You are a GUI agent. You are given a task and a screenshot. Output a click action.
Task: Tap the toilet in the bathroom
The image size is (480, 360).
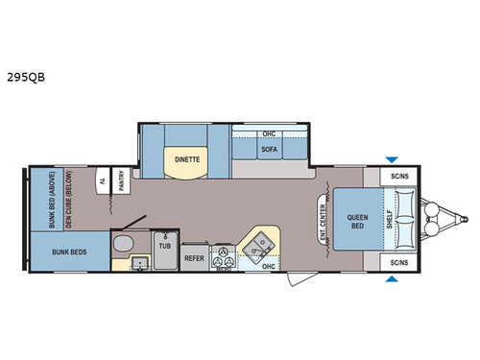(x=120, y=245)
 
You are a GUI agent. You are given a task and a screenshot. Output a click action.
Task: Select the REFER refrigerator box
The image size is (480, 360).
(x=195, y=257)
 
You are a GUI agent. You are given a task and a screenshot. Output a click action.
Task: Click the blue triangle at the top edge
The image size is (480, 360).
(x=390, y=159)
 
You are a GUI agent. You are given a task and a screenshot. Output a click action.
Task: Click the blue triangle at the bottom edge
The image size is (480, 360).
(x=390, y=279)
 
